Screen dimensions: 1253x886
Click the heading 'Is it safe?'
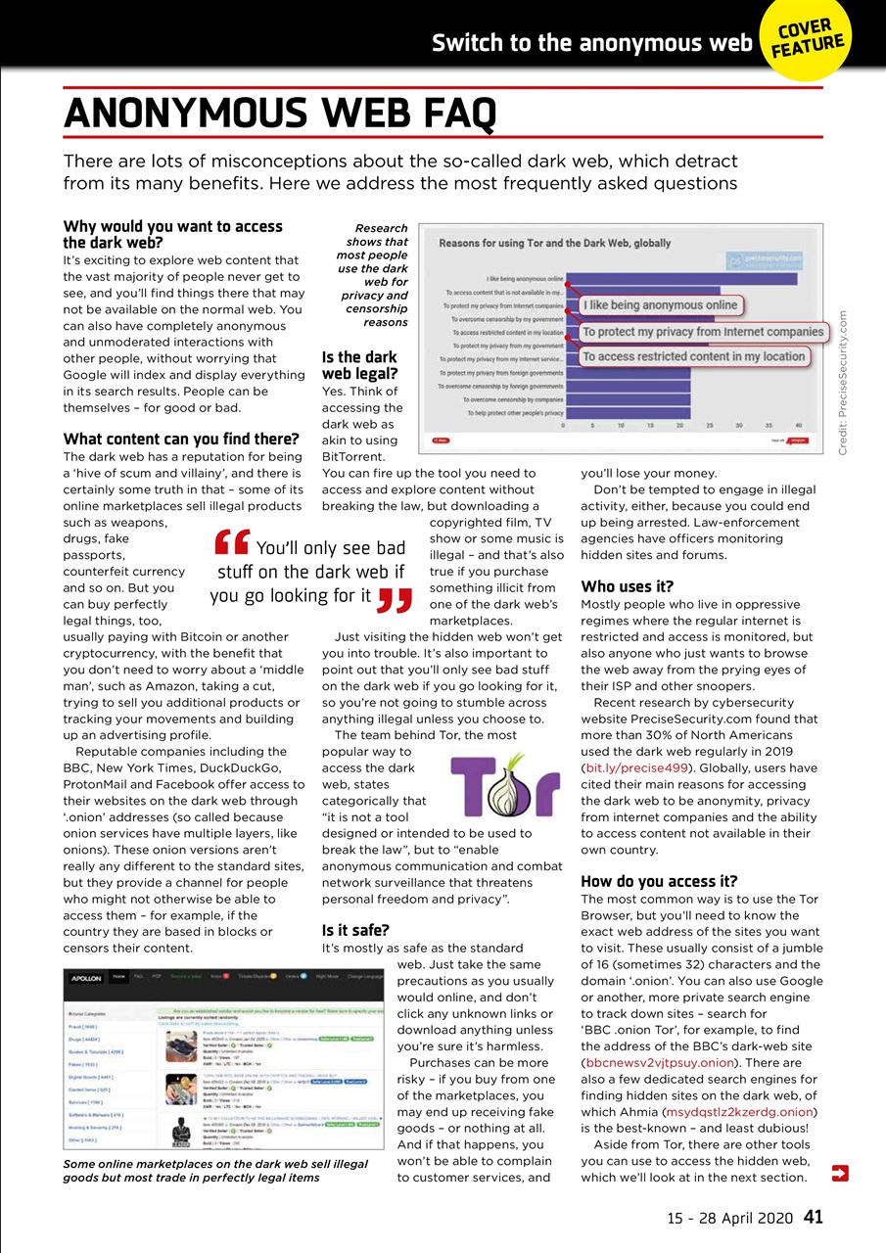point(355,929)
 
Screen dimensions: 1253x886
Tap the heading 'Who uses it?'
point(627,586)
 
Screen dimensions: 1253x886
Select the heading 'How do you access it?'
point(659,881)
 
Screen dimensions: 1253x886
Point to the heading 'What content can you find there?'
point(181,439)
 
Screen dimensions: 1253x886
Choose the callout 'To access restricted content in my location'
point(694,356)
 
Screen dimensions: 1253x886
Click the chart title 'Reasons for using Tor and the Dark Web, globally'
point(554,243)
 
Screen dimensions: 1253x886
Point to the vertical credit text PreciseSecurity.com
point(845,382)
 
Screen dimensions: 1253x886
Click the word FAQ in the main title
point(436,114)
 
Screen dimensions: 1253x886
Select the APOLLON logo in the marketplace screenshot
point(87,977)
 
